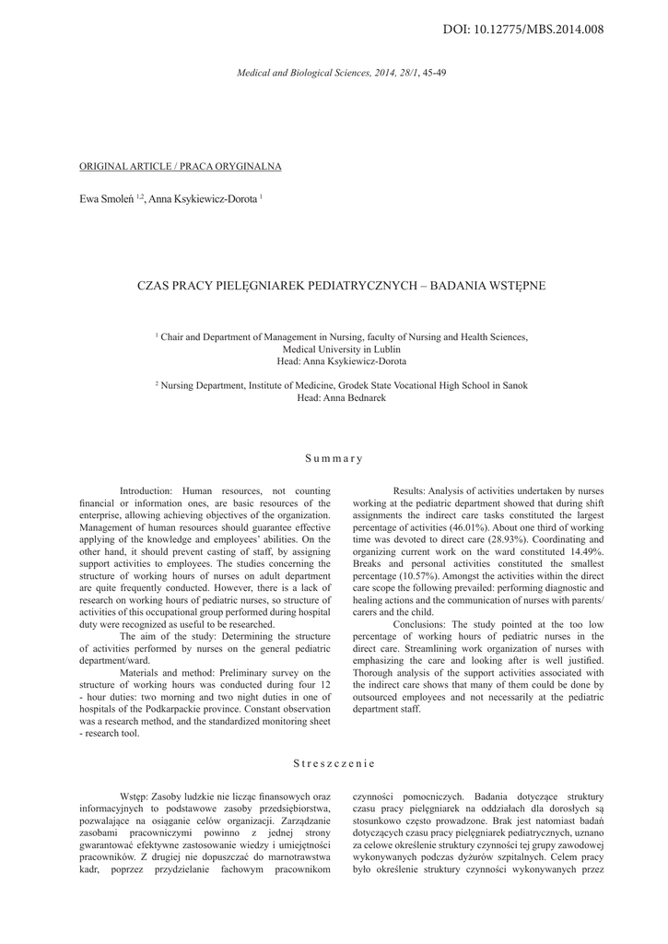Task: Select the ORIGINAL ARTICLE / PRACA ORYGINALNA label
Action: [181, 166]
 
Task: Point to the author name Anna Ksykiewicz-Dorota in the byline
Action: [205, 197]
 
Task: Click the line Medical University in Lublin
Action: [342, 350]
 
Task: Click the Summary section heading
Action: [334, 458]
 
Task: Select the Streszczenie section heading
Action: [334, 763]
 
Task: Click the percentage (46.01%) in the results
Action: [469, 525]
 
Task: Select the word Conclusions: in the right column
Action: [420, 624]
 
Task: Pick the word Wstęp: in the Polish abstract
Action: [136, 795]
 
